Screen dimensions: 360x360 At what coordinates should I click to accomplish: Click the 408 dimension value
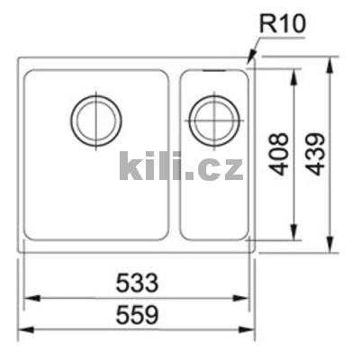[x=280, y=154]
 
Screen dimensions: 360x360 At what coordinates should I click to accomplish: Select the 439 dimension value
[x=316, y=154]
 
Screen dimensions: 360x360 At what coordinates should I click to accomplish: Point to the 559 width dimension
[x=136, y=316]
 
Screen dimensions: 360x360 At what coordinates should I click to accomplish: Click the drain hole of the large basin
[x=96, y=119]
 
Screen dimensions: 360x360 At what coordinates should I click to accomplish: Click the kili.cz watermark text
[x=181, y=166]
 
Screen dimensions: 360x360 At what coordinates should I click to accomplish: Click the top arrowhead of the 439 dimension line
[x=332, y=61]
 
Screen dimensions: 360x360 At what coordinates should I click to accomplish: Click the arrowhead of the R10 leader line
[x=251, y=62]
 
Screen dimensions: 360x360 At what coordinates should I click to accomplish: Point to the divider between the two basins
[x=175, y=153]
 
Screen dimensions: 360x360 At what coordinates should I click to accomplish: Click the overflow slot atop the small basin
[x=213, y=68]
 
